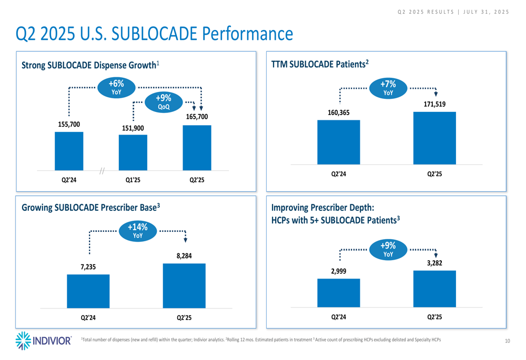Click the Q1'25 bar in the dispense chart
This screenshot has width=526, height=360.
(133, 152)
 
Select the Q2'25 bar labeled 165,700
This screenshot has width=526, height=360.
(197, 148)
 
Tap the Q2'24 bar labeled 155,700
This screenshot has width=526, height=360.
(69, 151)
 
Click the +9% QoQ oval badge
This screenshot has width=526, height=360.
(164, 102)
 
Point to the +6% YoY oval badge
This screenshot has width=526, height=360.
(116, 88)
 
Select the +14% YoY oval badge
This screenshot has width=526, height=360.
(138, 231)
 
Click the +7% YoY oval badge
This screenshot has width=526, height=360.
(388, 88)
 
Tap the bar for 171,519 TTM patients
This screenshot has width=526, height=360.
(434, 138)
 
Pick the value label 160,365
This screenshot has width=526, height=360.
(338, 112)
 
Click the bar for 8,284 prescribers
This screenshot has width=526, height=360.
(184, 286)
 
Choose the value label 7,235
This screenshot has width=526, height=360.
(88, 267)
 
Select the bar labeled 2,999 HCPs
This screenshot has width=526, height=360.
(338, 293)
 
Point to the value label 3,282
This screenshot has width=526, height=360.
(434, 263)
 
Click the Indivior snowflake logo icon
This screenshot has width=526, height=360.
(23, 341)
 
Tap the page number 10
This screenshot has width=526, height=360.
(508, 341)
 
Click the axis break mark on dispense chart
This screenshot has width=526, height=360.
(102, 171)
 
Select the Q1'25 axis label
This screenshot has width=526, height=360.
(133, 180)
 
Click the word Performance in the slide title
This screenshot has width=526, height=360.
(248, 34)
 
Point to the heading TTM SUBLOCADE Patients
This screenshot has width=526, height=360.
(320, 64)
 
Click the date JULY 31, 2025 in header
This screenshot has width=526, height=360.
(486, 12)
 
